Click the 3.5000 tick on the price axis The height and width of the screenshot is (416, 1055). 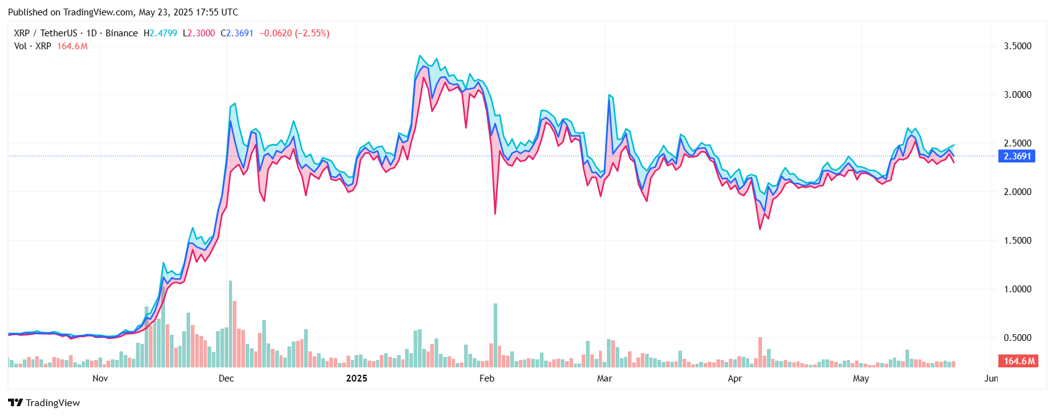pos(1017,46)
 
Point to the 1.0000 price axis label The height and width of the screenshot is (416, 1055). pos(1017,289)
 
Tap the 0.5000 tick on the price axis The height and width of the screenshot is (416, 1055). pos(1017,338)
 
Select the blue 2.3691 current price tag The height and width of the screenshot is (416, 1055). pos(1017,156)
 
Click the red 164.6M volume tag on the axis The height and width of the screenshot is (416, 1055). pos(1019,361)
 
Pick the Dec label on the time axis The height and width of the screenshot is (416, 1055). pos(226,378)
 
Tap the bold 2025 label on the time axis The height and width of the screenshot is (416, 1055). pos(356,378)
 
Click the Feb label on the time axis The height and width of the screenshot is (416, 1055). pos(486,378)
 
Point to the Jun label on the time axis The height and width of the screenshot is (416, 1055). pos(990,378)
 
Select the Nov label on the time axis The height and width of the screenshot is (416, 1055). pos(100,378)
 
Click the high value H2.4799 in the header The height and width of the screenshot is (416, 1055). pos(160,33)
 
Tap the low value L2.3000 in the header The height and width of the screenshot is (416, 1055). pos(199,33)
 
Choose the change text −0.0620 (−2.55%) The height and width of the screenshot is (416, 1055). pos(294,33)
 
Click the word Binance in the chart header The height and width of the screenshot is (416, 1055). pos(121,33)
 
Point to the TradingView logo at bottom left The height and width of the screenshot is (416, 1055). pos(44,403)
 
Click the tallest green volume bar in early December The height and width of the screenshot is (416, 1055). pos(230,324)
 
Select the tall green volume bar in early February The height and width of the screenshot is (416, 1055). pos(495,335)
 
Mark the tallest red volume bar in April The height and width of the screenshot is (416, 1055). pos(760,352)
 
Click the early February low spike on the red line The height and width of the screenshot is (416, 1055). pos(495,213)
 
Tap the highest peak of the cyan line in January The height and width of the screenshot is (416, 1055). pos(419,56)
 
